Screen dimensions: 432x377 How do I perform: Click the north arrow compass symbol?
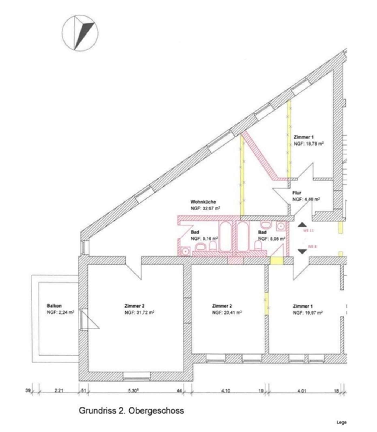80,33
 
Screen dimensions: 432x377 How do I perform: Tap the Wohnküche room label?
203,202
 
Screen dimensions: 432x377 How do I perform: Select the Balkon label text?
54,306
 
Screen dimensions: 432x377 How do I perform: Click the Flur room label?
297,193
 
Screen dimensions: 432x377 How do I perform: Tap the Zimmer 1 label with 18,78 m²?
304,137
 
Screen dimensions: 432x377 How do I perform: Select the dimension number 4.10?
225,390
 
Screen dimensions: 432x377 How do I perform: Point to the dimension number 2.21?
59,390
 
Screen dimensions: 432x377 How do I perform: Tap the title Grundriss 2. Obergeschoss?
131,411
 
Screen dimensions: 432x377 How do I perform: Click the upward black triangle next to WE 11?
302,224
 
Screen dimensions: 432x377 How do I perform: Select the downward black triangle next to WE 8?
302,251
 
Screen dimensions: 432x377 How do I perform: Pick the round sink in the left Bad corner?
185,251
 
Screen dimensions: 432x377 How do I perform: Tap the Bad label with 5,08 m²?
262,232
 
